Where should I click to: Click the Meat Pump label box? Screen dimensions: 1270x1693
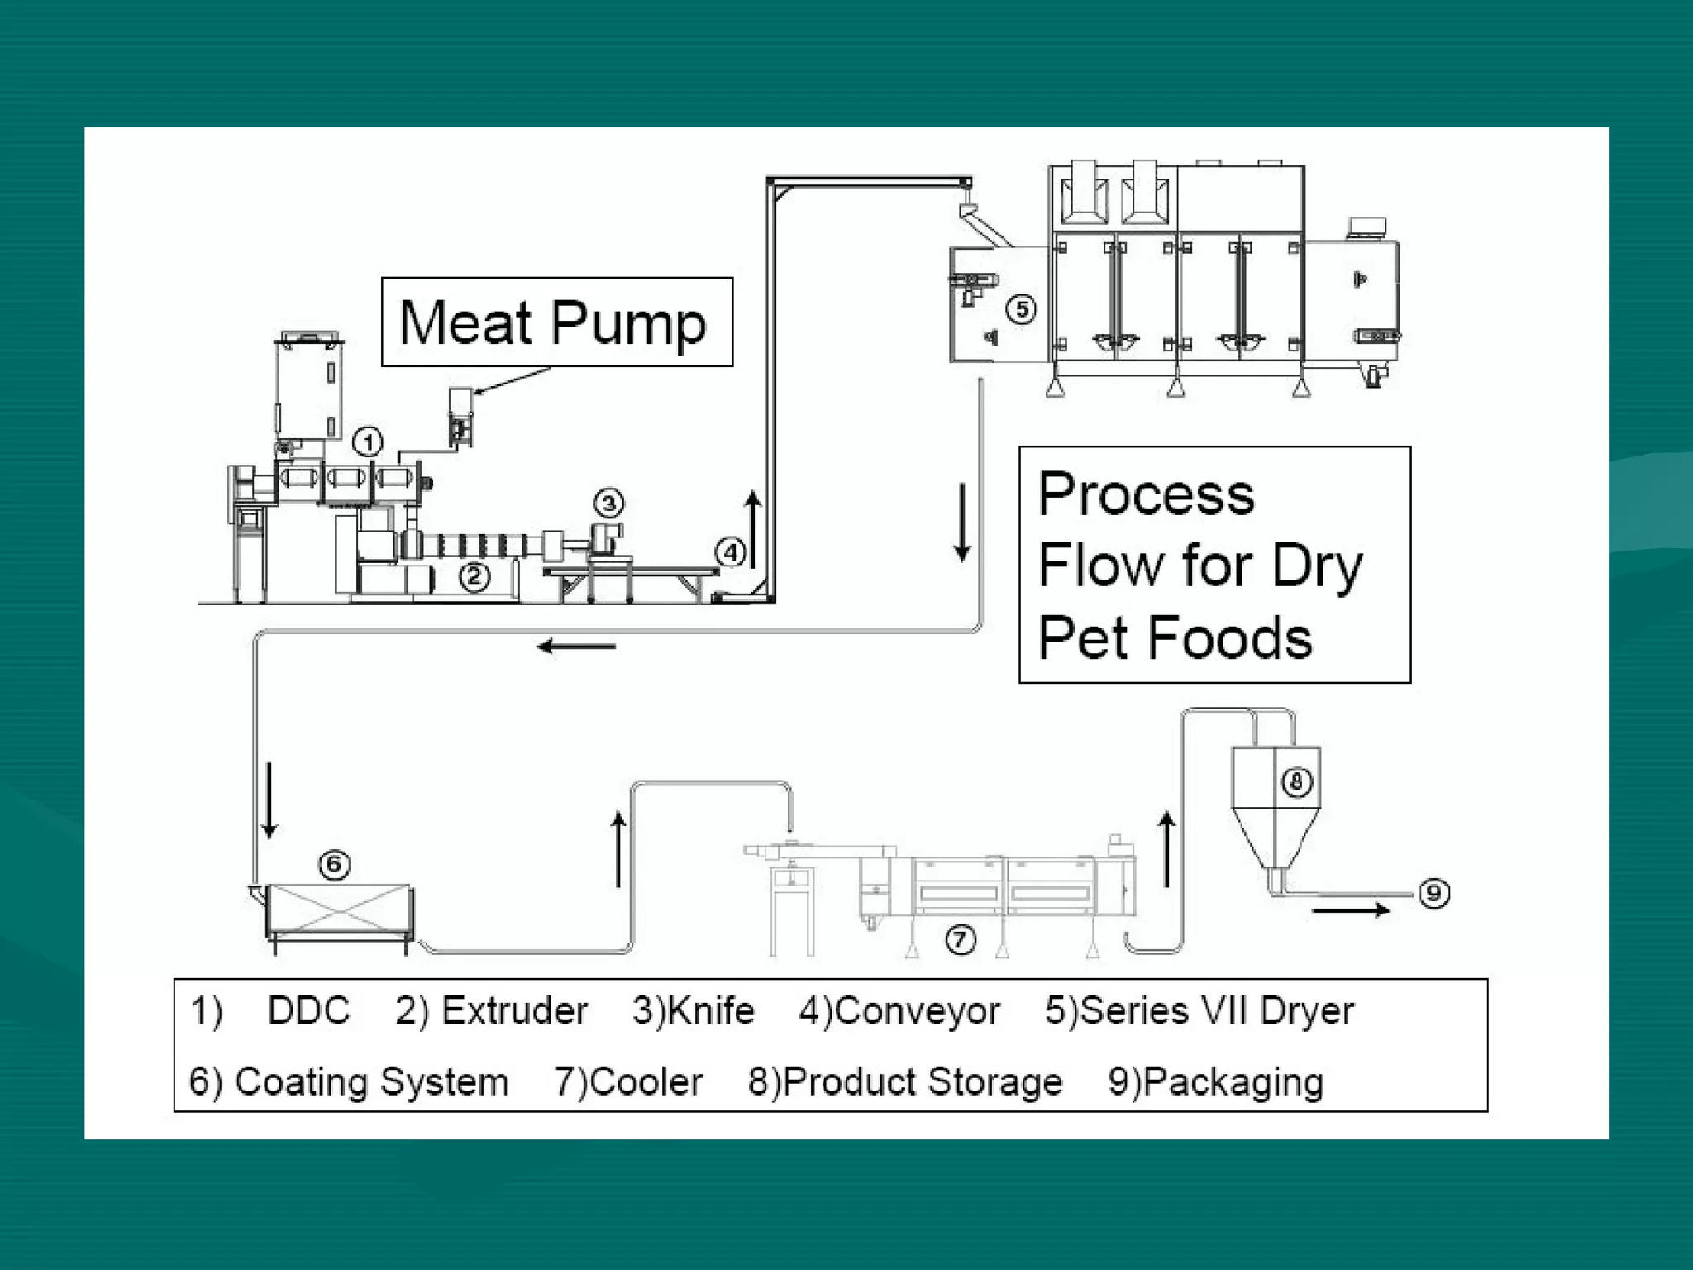pyautogui.click(x=556, y=322)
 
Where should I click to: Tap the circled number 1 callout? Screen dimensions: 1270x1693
pyautogui.click(x=368, y=442)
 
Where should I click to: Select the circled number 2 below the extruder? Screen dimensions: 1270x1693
pyautogui.click(x=475, y=576)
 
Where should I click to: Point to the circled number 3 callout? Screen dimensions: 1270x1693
pyautogui.click(x=608, y=503)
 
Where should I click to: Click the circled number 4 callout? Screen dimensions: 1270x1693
pyautogui.click(x=731, y=552)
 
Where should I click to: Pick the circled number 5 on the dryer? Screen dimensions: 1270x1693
pyautogui.click(x=1022, y=309)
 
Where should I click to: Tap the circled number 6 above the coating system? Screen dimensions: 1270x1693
pyautogui.click(x=334, y=865)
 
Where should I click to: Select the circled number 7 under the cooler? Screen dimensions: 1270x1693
pyautogui.click(x=960, y=939)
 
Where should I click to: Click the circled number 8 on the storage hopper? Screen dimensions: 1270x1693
pyautogui.click(x=1296, y=781)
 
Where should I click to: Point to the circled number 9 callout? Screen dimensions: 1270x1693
pyautogui.click(x=1434, y=893)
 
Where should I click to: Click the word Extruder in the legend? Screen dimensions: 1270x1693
pyautogui.click(x=514, y=1011)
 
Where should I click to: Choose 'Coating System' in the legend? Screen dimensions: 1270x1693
pyautogui.click(x=371, y=1081)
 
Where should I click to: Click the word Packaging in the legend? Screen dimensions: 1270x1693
pyautogui.click(x=1233, y=1081)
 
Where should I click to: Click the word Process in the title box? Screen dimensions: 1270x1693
pyautogui.click(x=1146, y=494)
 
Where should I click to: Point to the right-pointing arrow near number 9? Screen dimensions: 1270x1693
pyautogui.click(x=1351, y=910)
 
